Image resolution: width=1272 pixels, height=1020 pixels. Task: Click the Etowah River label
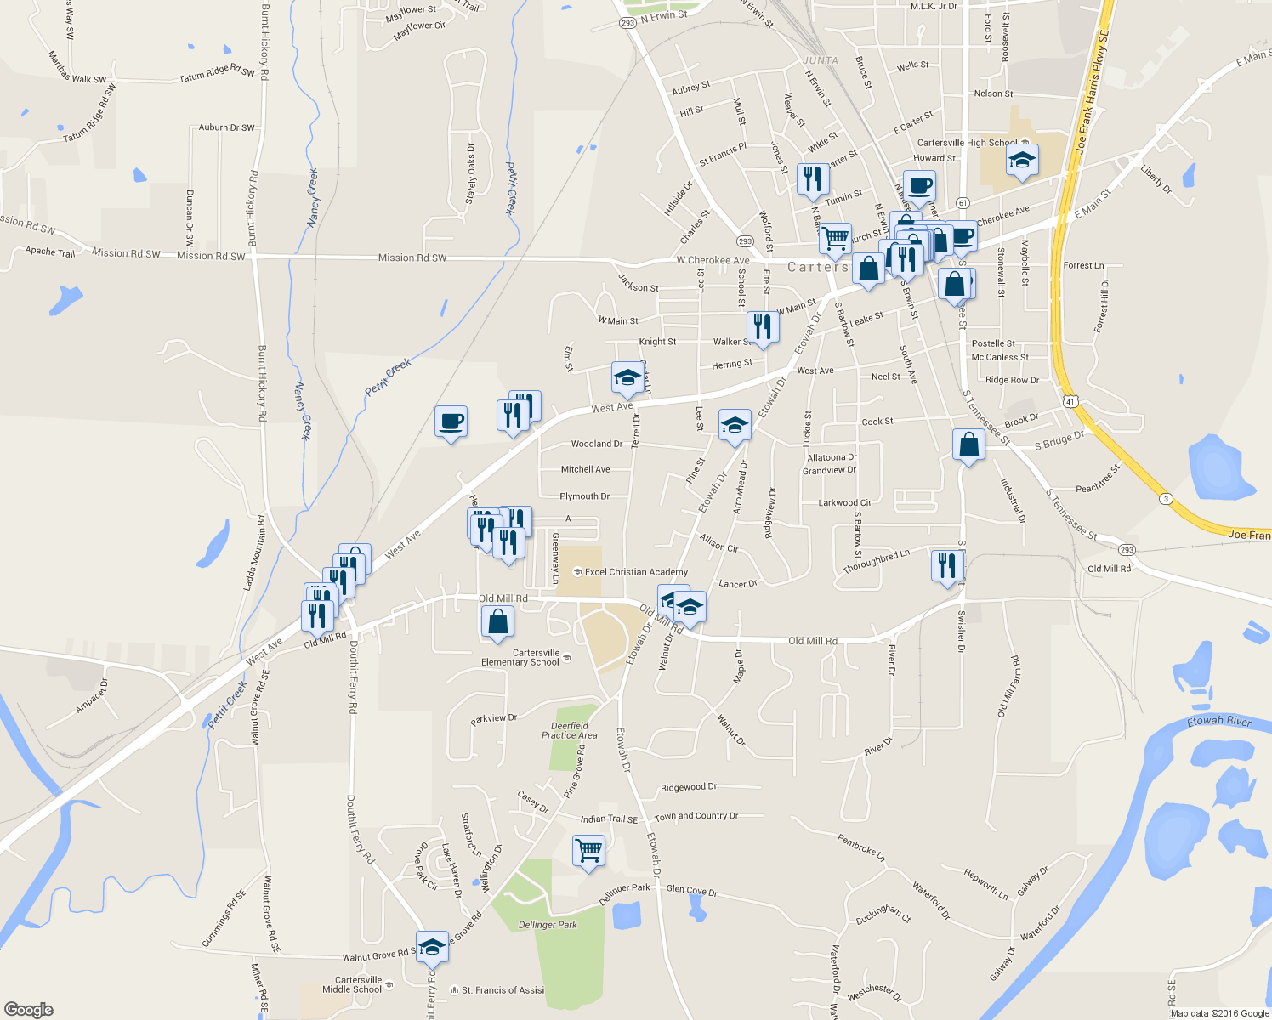tap(1219, 722)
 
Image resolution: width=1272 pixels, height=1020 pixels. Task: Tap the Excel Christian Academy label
tap(636, 572)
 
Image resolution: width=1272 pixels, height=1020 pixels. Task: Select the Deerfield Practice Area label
tap(570, 731)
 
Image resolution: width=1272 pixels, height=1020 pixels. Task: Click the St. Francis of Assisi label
tap(503, 990)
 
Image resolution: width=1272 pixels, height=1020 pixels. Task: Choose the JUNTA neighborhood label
tap(821, 60)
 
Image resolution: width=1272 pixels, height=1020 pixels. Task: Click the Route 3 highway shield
tap(1165, 498)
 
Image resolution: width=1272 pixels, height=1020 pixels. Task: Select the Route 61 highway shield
tap(963, 202)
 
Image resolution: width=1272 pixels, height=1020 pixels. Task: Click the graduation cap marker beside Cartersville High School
tap(1021, 160)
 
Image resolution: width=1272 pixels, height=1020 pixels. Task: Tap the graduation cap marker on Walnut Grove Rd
tap(432, 945)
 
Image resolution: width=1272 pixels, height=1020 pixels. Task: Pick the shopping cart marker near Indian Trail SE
tap(588, 849)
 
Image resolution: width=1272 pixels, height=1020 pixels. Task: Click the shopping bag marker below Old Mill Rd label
tap(497, 621)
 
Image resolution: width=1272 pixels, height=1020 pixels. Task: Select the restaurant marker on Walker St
tap(763, 326)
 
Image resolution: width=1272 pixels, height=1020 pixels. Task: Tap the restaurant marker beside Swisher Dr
tap(946, 565)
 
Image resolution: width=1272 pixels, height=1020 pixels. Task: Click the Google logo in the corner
tap(28, 1010)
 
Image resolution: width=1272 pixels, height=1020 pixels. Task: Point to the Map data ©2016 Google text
tap(1219, 1013)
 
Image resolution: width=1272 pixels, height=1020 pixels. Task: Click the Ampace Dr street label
tap(92, 696)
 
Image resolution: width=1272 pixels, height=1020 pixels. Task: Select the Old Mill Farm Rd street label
tap(1009, 686)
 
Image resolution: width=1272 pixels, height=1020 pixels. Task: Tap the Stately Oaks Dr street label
tap(471, 173)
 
